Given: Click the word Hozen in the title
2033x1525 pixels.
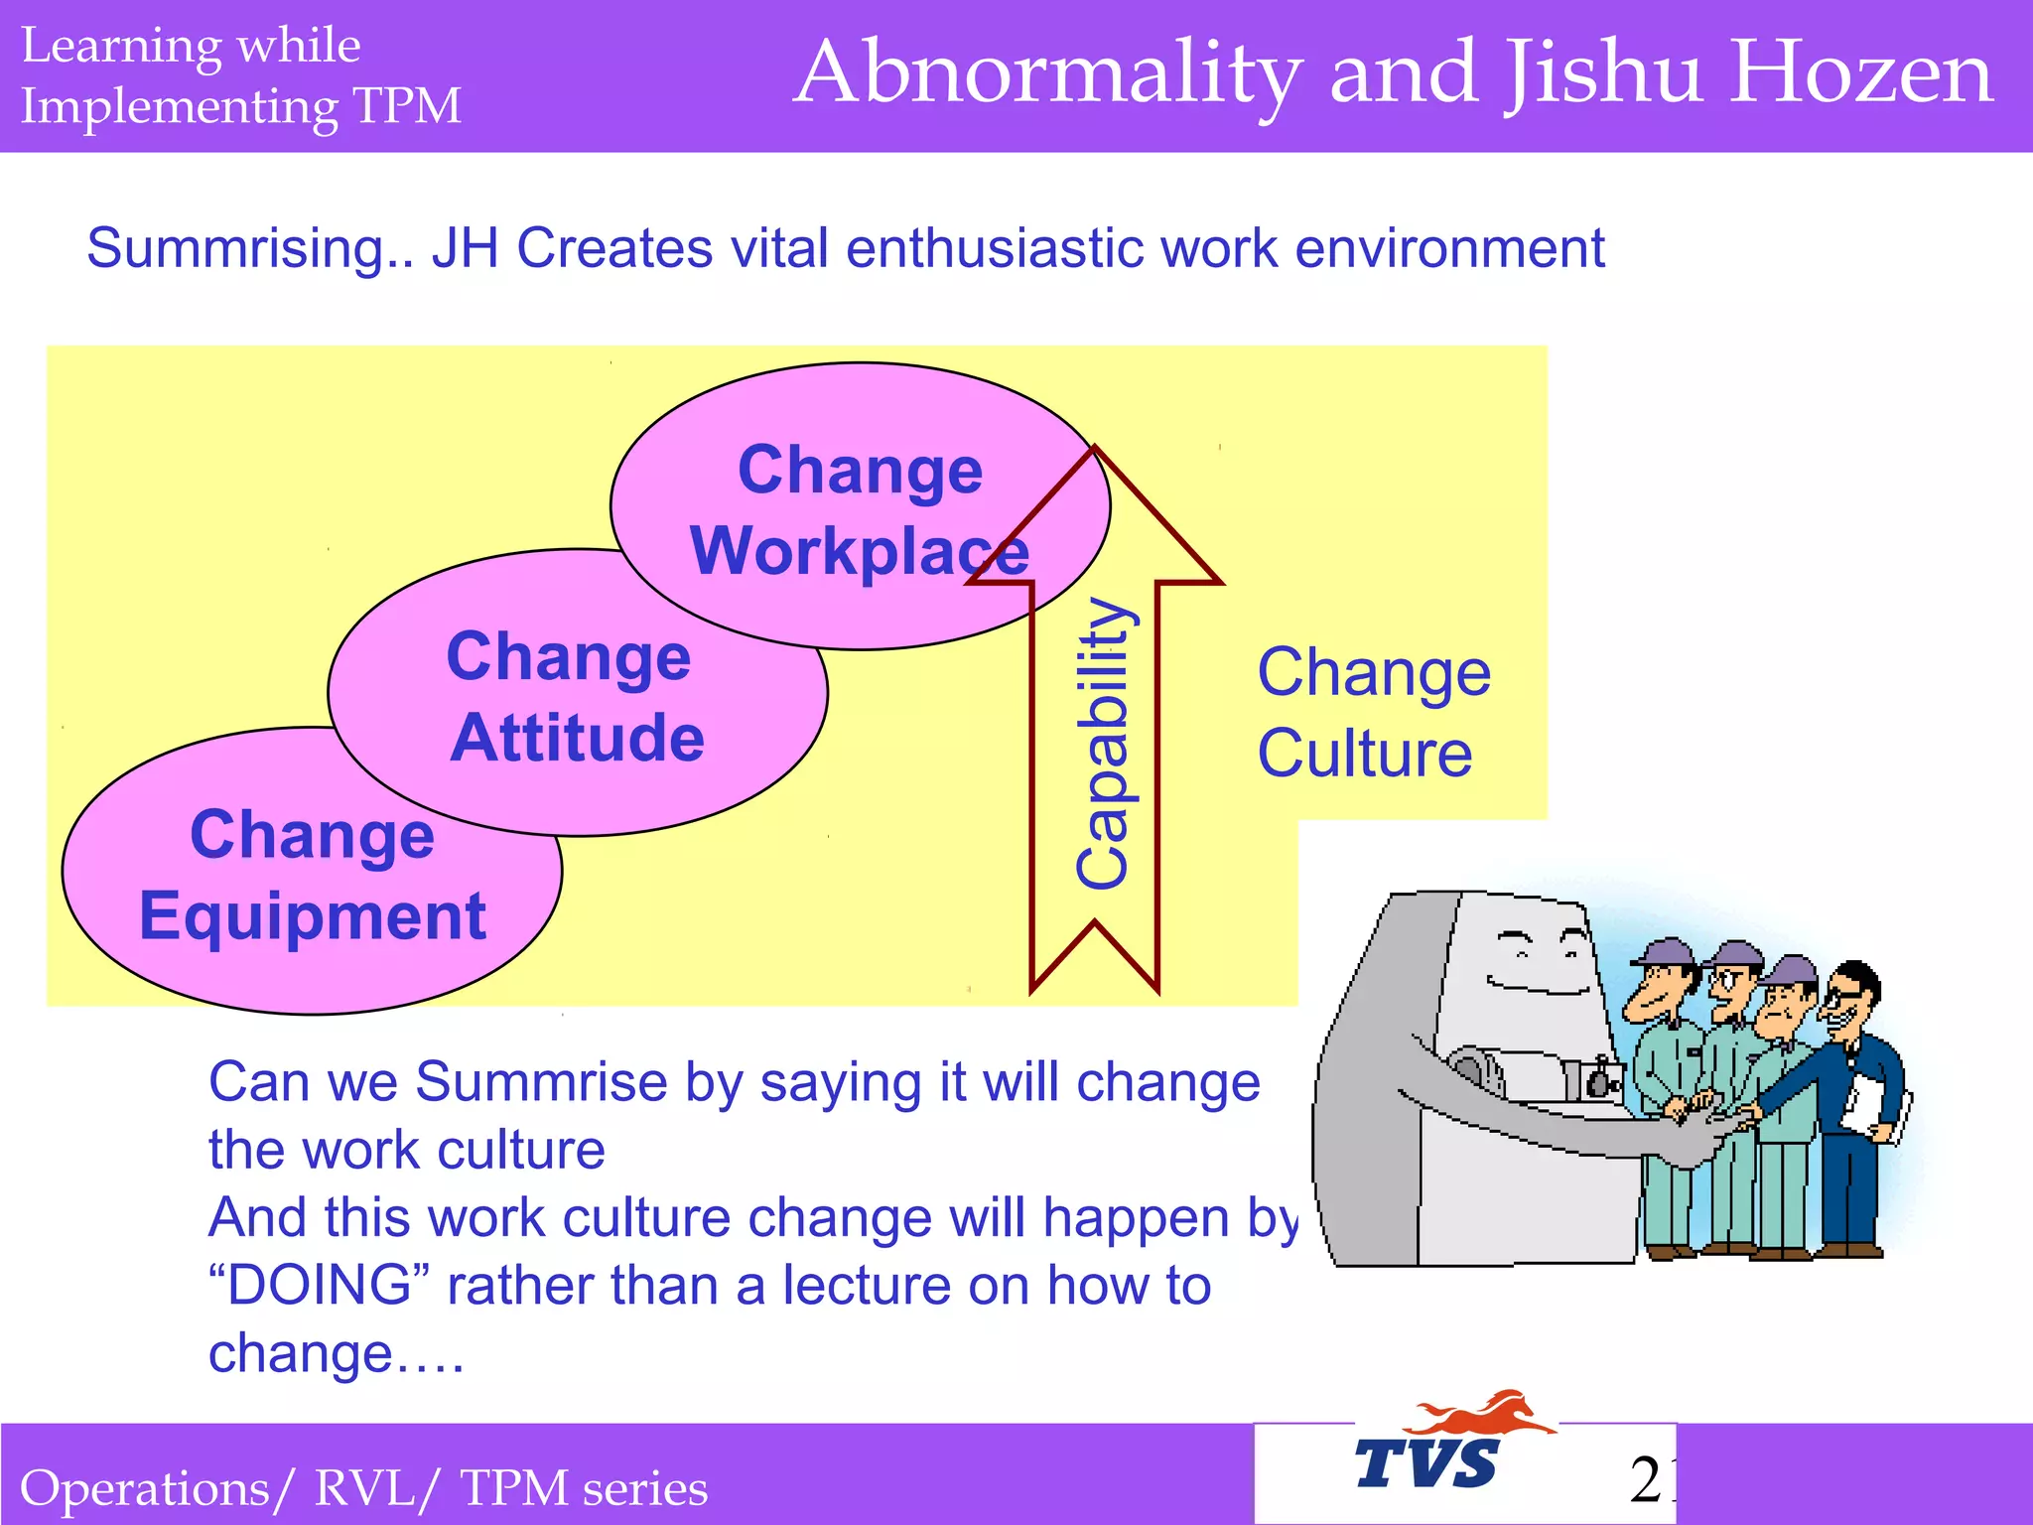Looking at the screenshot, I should point(1860,73).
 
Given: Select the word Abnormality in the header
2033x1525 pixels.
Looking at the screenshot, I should point(1047,75).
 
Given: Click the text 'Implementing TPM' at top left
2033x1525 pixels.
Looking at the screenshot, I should point(240,106).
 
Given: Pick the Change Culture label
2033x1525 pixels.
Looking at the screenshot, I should point(1372,712).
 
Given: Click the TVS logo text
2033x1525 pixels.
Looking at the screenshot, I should point(1426,1464).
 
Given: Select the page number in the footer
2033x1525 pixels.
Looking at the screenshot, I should point(1651,1479).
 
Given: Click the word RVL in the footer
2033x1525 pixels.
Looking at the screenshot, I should point(363,1488).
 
